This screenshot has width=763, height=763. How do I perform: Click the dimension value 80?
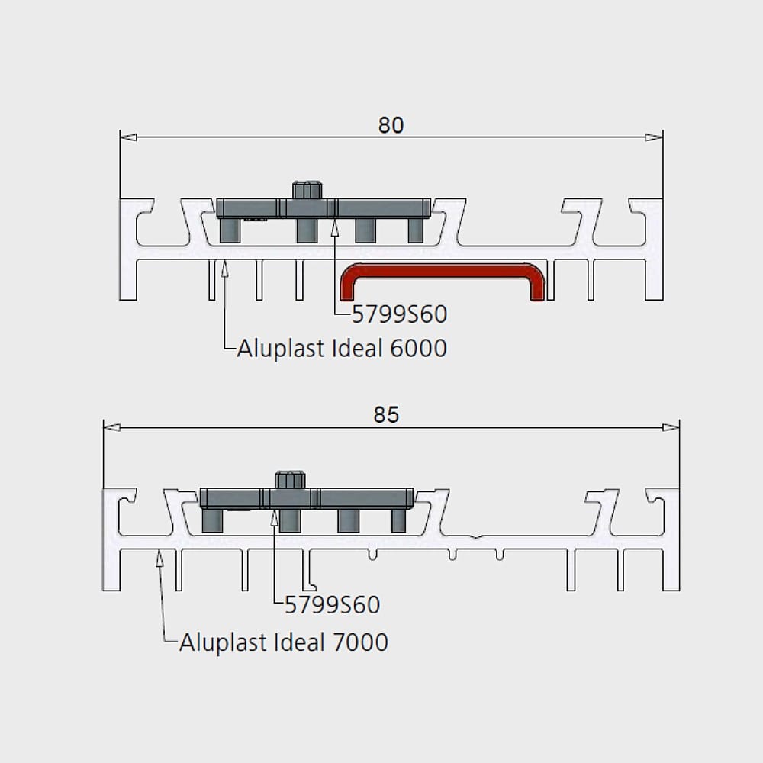click(391, 125)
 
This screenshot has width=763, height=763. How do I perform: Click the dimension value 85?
click(386, 414)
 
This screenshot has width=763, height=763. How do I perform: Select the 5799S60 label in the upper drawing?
click(399, 314)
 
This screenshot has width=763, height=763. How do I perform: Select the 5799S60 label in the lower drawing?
click(332, 605)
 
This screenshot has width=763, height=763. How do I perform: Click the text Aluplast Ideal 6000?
click(342, 349)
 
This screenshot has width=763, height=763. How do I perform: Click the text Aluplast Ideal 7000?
click(284, 642)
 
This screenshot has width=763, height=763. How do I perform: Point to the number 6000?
click(418, 349)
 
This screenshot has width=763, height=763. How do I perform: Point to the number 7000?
click(360, 642)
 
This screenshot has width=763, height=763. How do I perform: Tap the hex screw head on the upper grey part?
click(307, 190)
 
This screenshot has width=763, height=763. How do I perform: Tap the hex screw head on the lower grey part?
click(291, 480)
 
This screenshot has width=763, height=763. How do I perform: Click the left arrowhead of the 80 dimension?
click(128, 137)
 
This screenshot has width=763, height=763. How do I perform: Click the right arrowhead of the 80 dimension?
click(654, 137)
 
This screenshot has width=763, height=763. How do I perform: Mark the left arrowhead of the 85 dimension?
click(112, 427)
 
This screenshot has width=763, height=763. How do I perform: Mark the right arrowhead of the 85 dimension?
click(671, 427)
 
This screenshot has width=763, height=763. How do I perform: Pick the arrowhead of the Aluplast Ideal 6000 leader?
click(224, 269)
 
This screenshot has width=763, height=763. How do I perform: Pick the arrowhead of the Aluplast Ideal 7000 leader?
click(159, 558)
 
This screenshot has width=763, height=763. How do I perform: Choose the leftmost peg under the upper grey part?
click(230, 230)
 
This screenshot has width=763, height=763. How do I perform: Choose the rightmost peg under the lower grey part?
click(398, 520)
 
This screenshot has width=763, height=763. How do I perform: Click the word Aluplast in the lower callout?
click(224, 642)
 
